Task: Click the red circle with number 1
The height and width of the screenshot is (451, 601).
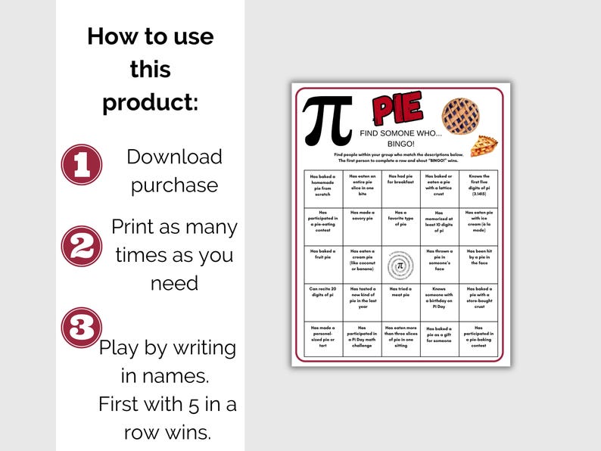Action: pos(82,165)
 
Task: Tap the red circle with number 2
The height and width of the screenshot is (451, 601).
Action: pos(82,246)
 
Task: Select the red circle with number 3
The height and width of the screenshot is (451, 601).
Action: pos(82,328)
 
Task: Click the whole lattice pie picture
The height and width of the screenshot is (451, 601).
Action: pos(460,115)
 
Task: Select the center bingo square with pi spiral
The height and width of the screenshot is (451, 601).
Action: pos(400,265)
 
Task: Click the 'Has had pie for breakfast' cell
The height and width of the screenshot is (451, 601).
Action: pos(400,188)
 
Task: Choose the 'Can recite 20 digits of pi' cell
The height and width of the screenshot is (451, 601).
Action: pos(323,303)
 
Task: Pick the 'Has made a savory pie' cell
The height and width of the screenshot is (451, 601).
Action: pos(362,226)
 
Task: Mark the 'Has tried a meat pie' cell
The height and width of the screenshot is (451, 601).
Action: pos(400,303)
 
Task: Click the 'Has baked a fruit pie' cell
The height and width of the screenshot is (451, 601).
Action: pos(323,265)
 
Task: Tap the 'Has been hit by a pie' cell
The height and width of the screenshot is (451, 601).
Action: pos(478,265)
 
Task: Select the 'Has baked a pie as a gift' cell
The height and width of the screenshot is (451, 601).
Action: pos(439,340)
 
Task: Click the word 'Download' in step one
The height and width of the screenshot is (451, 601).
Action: pos(174,157)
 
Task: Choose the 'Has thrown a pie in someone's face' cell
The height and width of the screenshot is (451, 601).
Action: pos(439,265)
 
